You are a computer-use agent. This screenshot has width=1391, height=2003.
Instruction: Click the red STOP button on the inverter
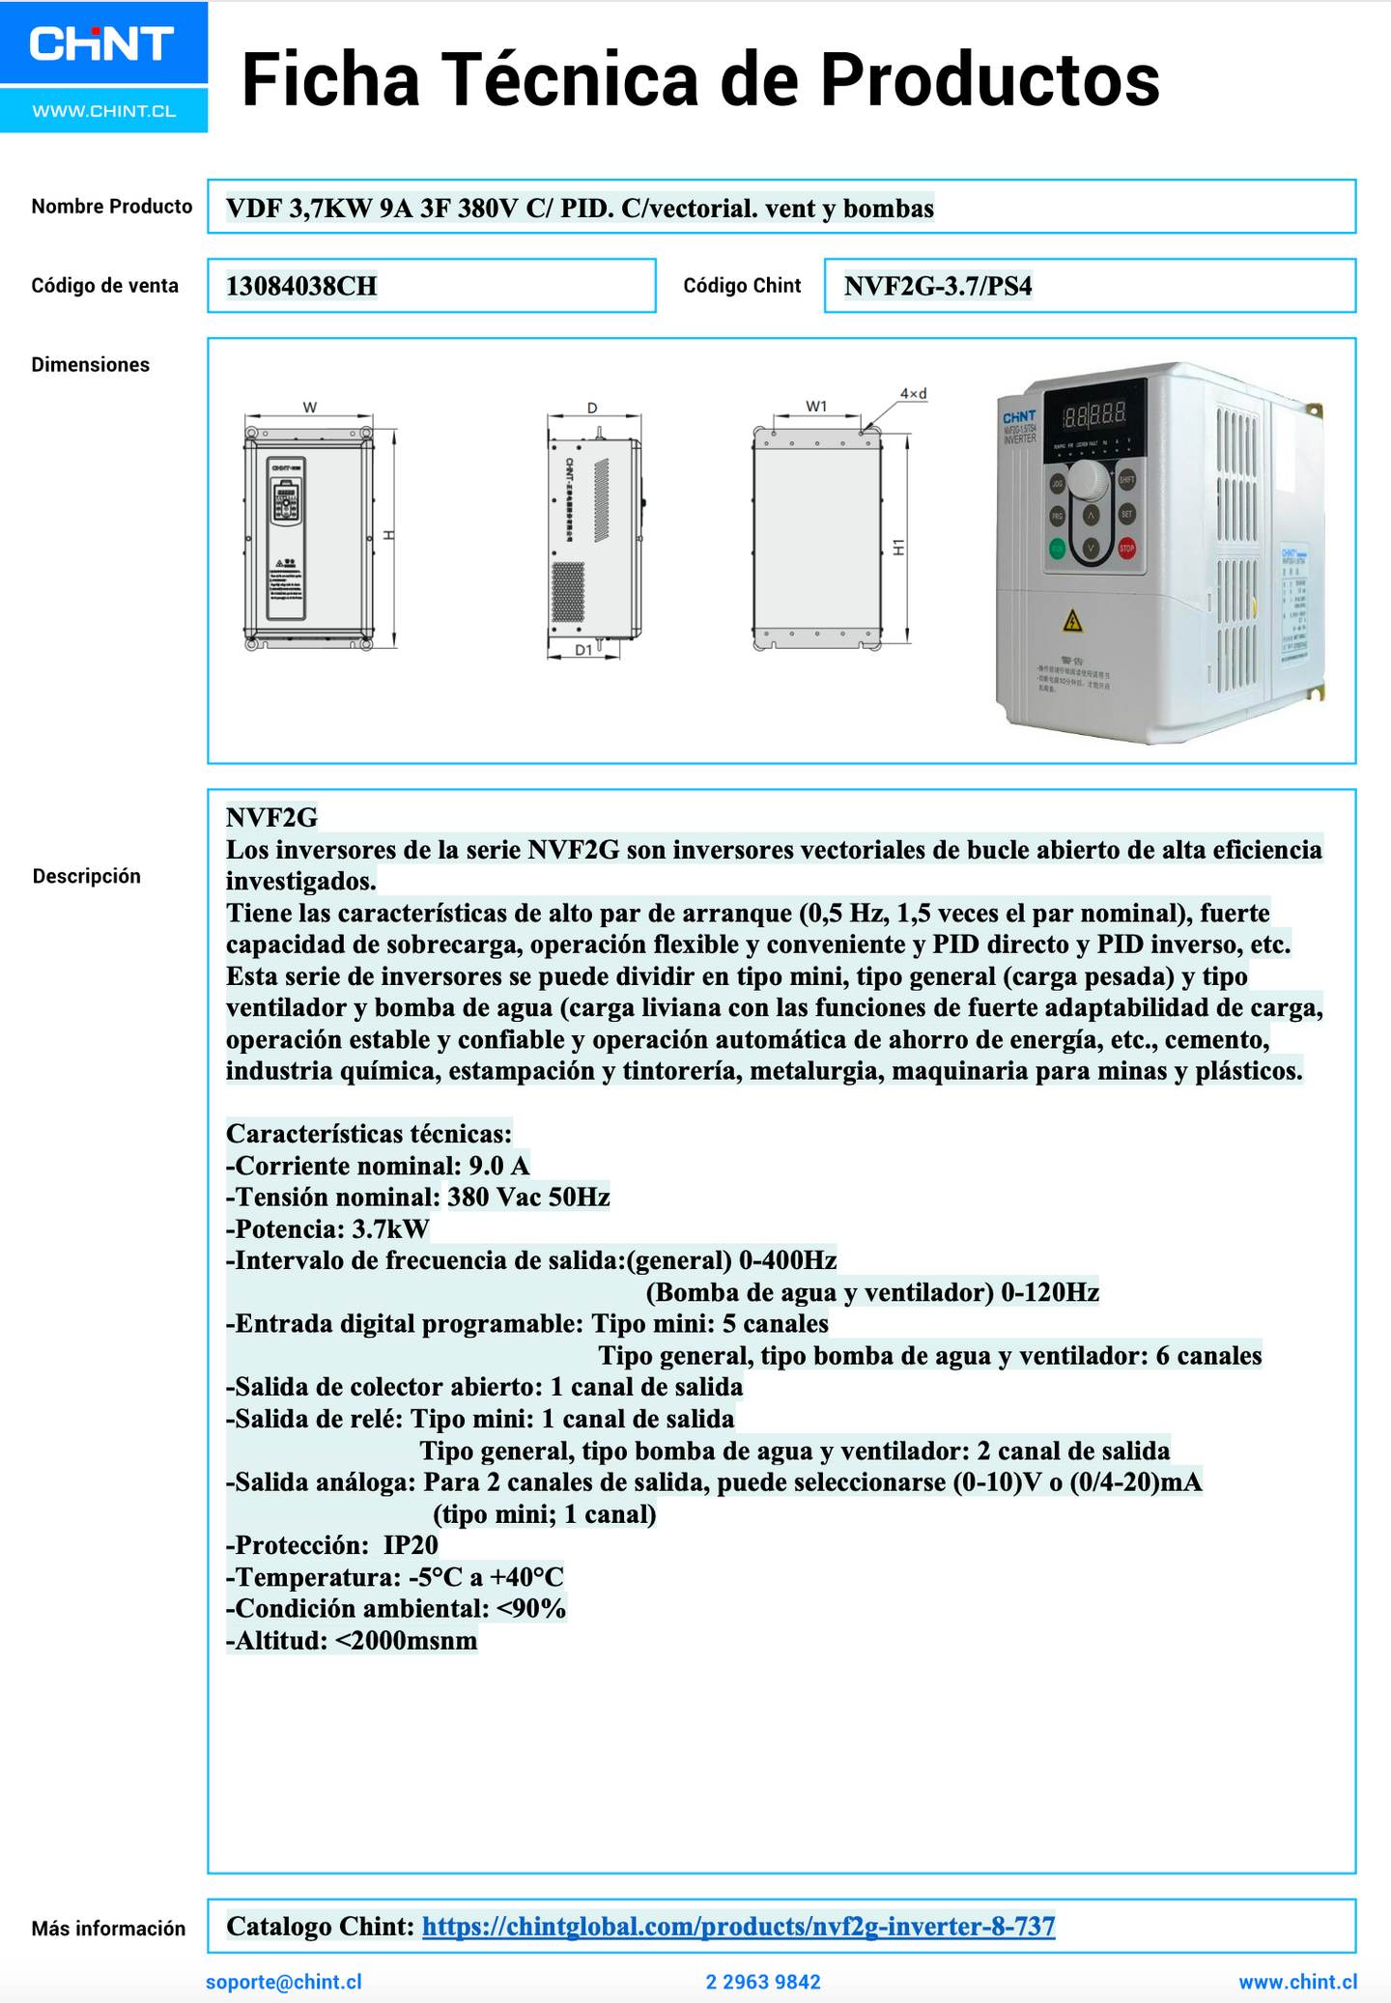1126,549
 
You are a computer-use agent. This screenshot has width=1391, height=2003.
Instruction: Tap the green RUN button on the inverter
1058,550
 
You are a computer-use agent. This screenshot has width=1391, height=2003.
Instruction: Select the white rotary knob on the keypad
1089,478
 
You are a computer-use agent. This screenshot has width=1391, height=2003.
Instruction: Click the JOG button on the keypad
1058,483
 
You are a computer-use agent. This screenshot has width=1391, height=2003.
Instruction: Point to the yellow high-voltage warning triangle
1072,621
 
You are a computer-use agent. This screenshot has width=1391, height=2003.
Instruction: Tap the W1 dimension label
817,407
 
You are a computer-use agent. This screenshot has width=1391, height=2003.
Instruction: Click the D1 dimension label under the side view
583,650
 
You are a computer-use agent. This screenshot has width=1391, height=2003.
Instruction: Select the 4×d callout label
913,394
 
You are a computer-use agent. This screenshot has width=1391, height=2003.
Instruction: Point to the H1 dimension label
898,547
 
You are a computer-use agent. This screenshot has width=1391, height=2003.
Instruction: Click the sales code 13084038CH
301,286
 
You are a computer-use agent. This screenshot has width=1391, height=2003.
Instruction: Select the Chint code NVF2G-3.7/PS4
938,286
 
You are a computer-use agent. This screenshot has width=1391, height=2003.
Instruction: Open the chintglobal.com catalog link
738,1926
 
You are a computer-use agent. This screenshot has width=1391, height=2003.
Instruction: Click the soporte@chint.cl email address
284,1982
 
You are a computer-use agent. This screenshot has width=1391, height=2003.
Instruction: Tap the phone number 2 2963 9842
763,1982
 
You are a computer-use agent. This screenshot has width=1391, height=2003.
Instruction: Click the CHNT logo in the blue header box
101,43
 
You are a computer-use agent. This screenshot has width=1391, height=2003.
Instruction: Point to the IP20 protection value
411,1545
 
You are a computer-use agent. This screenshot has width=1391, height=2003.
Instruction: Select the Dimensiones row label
90,365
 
